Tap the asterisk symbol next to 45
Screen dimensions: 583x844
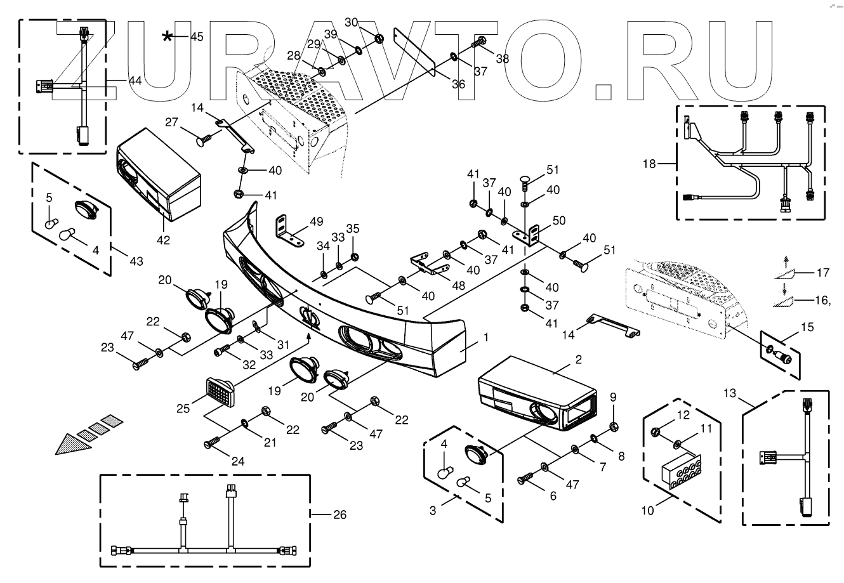[x=167, y=37]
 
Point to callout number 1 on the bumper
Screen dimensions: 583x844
[x=486, y=339]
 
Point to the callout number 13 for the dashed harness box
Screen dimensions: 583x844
[x=730, y=393]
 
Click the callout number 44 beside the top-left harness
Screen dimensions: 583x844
[x=135, y=81]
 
